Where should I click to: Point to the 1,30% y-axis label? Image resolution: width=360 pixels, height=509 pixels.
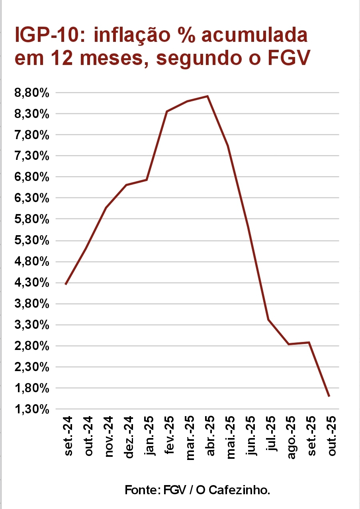(x=32, y=409)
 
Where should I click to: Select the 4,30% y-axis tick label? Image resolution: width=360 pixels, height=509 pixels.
(x=32, y=283)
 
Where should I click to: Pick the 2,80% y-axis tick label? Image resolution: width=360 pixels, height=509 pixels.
(x=32, y=346)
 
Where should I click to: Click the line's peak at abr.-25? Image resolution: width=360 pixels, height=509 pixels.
(x=207, y=96)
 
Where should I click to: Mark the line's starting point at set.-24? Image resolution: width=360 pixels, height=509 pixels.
(x=66, y=284)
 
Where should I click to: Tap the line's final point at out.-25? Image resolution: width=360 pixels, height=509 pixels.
(x=329, y=396)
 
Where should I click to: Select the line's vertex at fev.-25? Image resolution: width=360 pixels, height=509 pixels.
(x=167, y=112)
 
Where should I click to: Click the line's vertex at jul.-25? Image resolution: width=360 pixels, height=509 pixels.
(x=268, y=320)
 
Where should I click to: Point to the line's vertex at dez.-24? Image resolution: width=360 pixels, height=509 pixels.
(x=126, y=185)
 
